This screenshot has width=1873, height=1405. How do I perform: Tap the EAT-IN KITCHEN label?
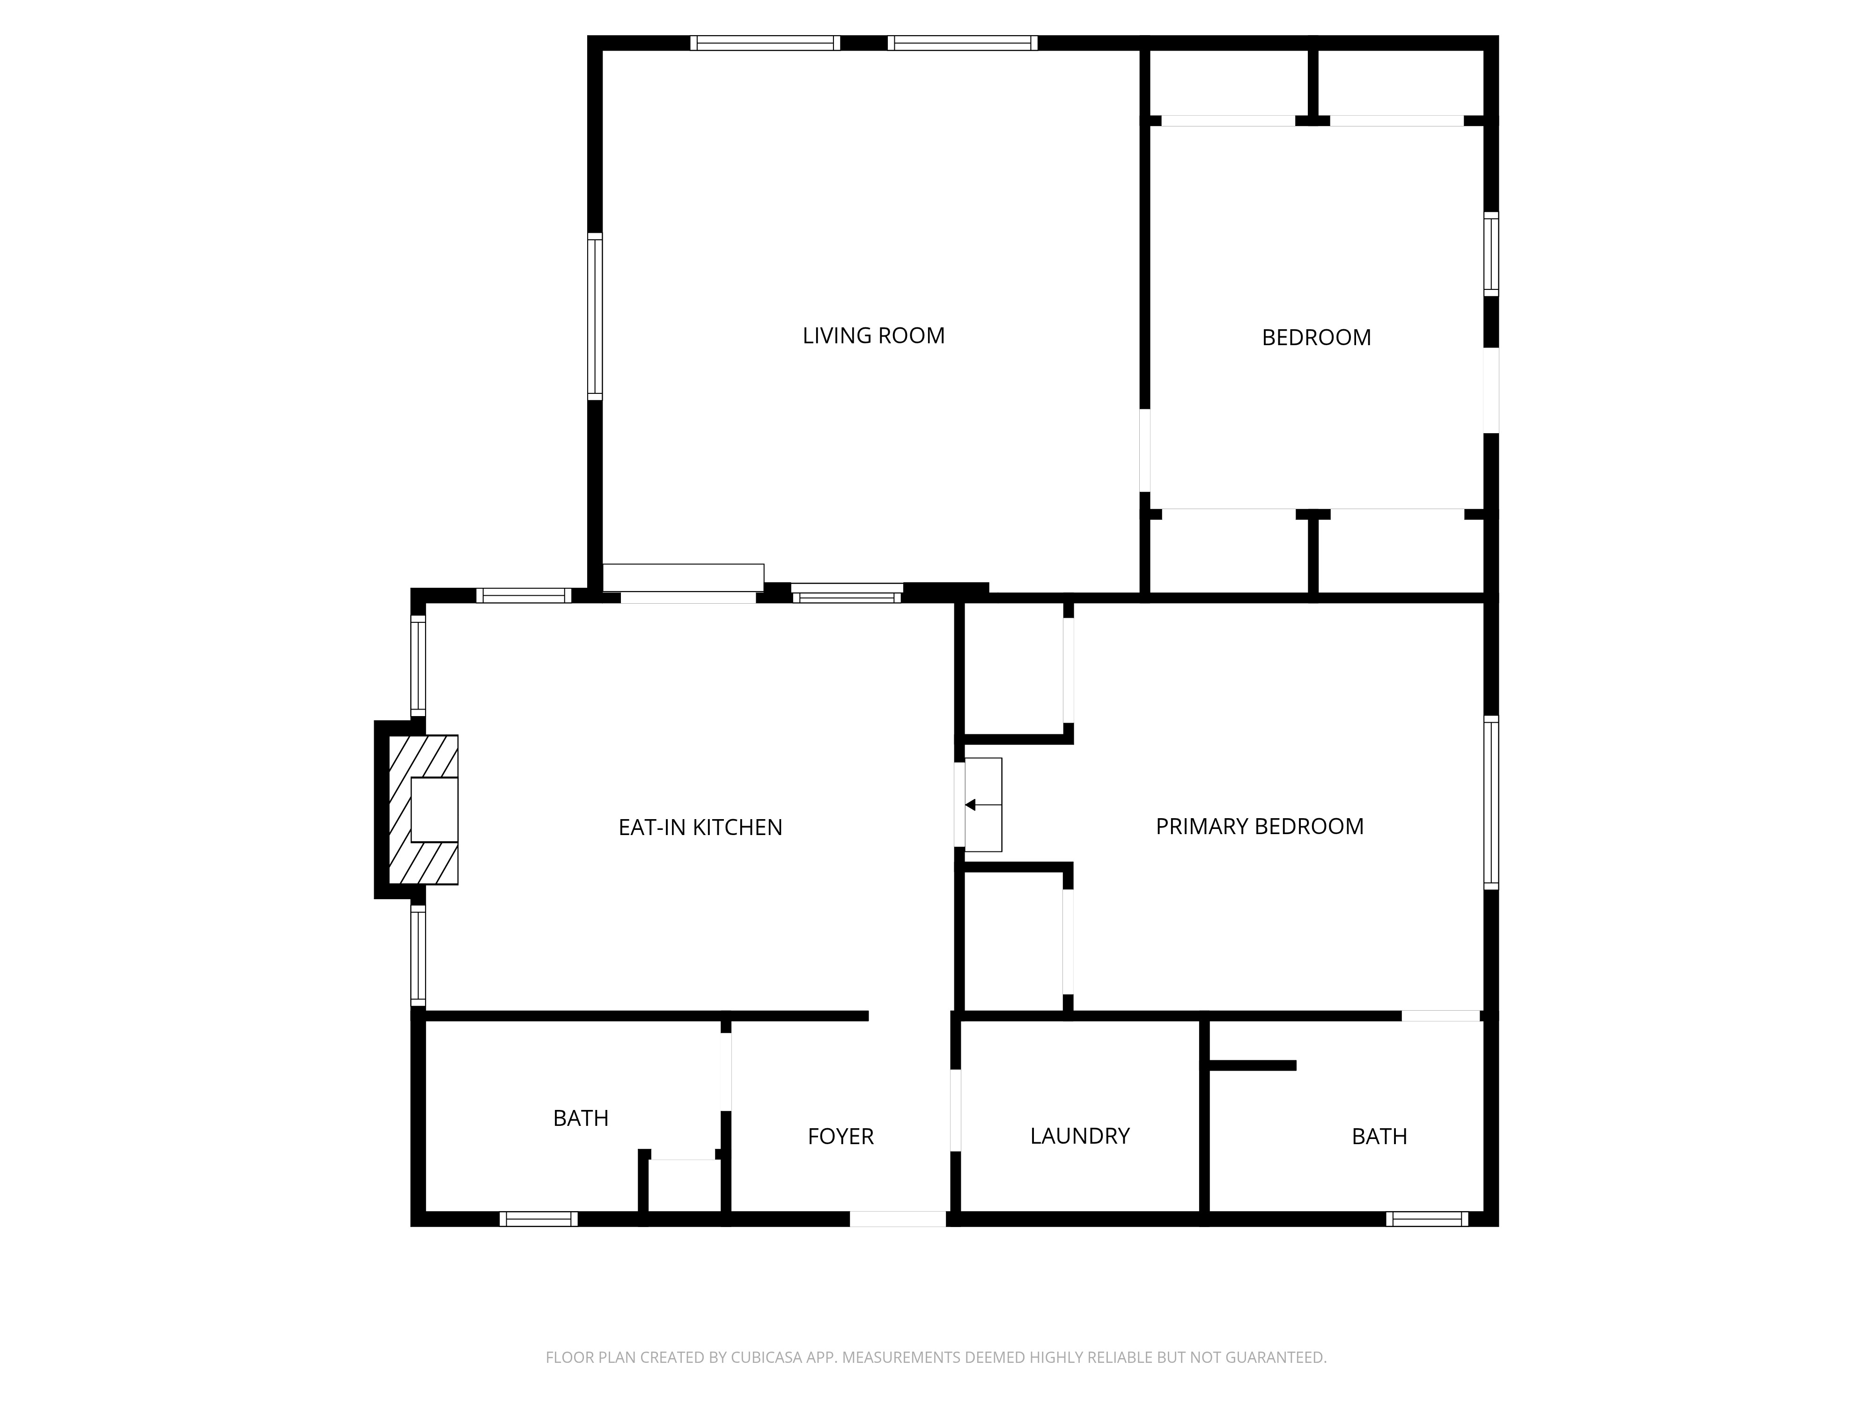pos(700,828)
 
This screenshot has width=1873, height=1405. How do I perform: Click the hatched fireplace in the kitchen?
pos(422,810)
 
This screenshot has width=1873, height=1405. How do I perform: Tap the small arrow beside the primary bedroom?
pos(982,805)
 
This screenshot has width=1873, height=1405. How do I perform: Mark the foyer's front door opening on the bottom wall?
pos(898,1219)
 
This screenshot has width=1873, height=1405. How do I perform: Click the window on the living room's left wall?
pos(595,316)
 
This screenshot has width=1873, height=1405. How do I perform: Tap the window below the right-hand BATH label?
pos(1428,1219)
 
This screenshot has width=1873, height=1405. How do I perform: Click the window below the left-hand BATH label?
pos(538,1219)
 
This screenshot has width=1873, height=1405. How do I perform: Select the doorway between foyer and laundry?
pos(956,1110)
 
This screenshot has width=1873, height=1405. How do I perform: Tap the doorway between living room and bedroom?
pos(1145,451)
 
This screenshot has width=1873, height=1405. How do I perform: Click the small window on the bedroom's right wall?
pos(1491,254)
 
